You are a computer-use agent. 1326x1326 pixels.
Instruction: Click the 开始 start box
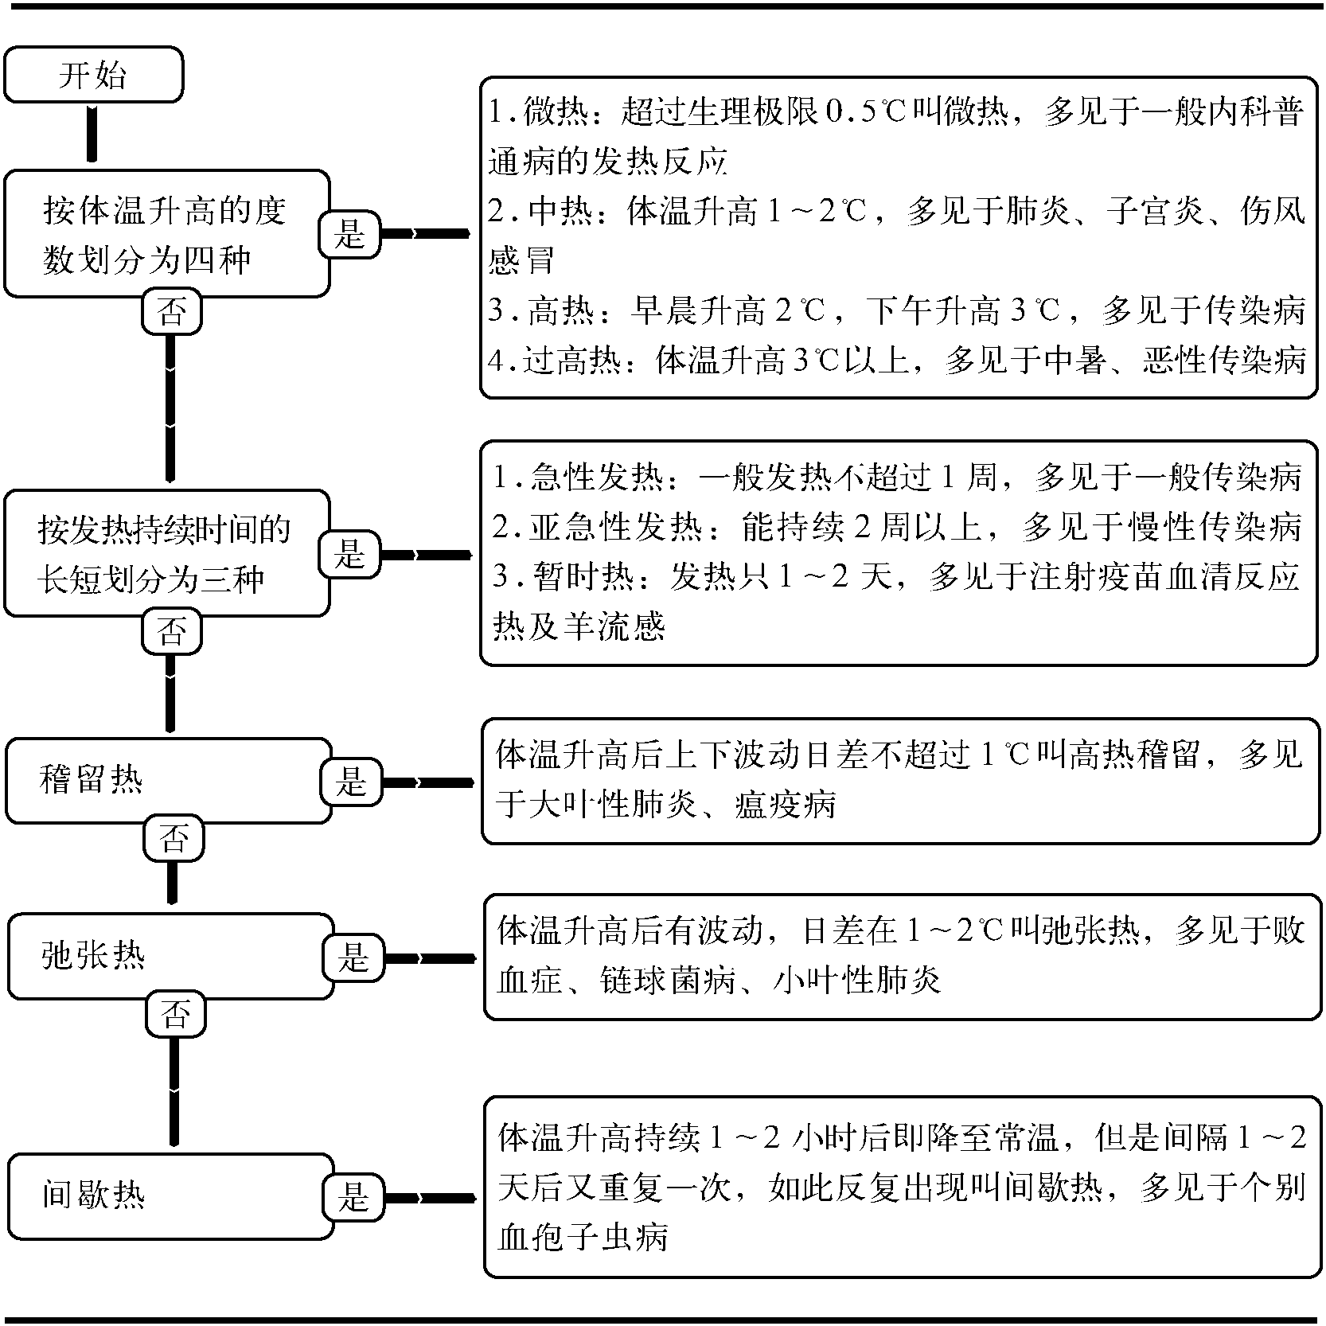[x=93, y=74]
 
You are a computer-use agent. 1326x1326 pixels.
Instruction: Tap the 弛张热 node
[x=170, y=956]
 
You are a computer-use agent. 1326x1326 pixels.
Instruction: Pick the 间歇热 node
[x=170, y=1196]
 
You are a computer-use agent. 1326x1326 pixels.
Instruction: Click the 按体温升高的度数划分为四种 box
[x=166, y=234]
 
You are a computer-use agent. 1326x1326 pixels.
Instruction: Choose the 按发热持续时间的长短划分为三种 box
[x=166, y=553]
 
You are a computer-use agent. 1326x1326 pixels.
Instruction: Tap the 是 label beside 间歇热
[x=353, y=1196]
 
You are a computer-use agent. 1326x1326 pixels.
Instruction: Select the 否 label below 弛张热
[x=175, y=1015]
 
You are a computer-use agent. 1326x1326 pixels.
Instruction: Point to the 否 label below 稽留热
[x=174, y=839]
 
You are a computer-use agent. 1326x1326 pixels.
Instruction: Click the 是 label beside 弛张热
[x=353, y=957]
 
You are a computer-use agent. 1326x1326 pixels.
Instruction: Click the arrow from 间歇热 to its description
[x=431, y=1197]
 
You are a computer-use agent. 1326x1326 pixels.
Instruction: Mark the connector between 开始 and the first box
[x=92, y=135]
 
